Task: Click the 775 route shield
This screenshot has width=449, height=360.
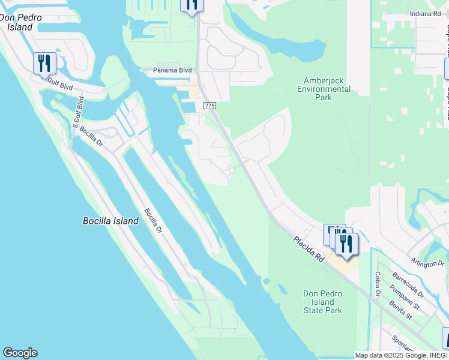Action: pos(209,106)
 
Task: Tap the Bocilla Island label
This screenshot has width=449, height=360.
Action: pos(110,221)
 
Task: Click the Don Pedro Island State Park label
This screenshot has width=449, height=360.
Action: pos(322,302)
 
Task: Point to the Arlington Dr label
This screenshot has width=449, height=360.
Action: pos(427,263)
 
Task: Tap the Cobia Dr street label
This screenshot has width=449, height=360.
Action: pos(378,284)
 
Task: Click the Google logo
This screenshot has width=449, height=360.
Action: pos(20,353)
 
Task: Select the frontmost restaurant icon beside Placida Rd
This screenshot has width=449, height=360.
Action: pos(346,244)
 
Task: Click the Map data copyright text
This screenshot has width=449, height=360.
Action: pos(401,355)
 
